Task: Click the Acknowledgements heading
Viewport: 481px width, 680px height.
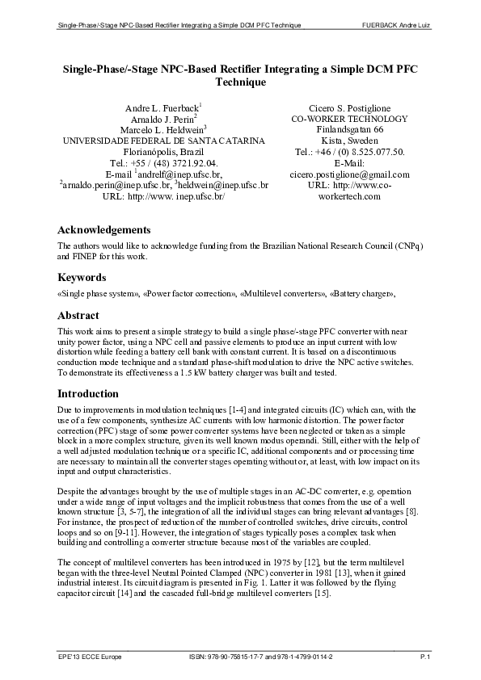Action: click(103, 229)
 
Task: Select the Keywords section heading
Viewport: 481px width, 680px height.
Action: click(84, 279)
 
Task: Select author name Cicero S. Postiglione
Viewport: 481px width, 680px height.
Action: click(349, 107)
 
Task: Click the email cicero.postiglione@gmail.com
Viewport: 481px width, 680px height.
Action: click(349, 174)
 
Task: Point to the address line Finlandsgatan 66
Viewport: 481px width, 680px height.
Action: click(349, 129)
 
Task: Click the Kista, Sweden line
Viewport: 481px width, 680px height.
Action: click(349, 141)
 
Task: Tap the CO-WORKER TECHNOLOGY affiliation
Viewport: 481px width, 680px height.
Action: click(349, 119)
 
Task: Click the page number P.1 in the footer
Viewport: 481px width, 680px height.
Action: click(424, 658)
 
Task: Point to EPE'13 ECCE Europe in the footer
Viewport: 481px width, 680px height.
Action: click(90, 658)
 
